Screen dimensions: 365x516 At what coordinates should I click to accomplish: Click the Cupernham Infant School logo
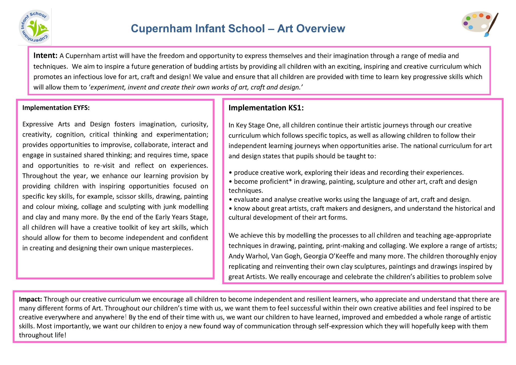[35, 27]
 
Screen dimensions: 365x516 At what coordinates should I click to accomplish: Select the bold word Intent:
[45, 55]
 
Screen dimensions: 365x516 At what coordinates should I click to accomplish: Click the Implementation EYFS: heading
[56, 108]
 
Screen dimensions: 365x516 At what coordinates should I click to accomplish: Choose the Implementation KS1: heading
[266, 108]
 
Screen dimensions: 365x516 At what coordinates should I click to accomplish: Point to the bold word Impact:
[30, 299]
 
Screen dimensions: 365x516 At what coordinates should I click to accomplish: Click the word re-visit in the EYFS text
[104, 165]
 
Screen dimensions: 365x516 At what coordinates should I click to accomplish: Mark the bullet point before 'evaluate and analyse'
[230, 200]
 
